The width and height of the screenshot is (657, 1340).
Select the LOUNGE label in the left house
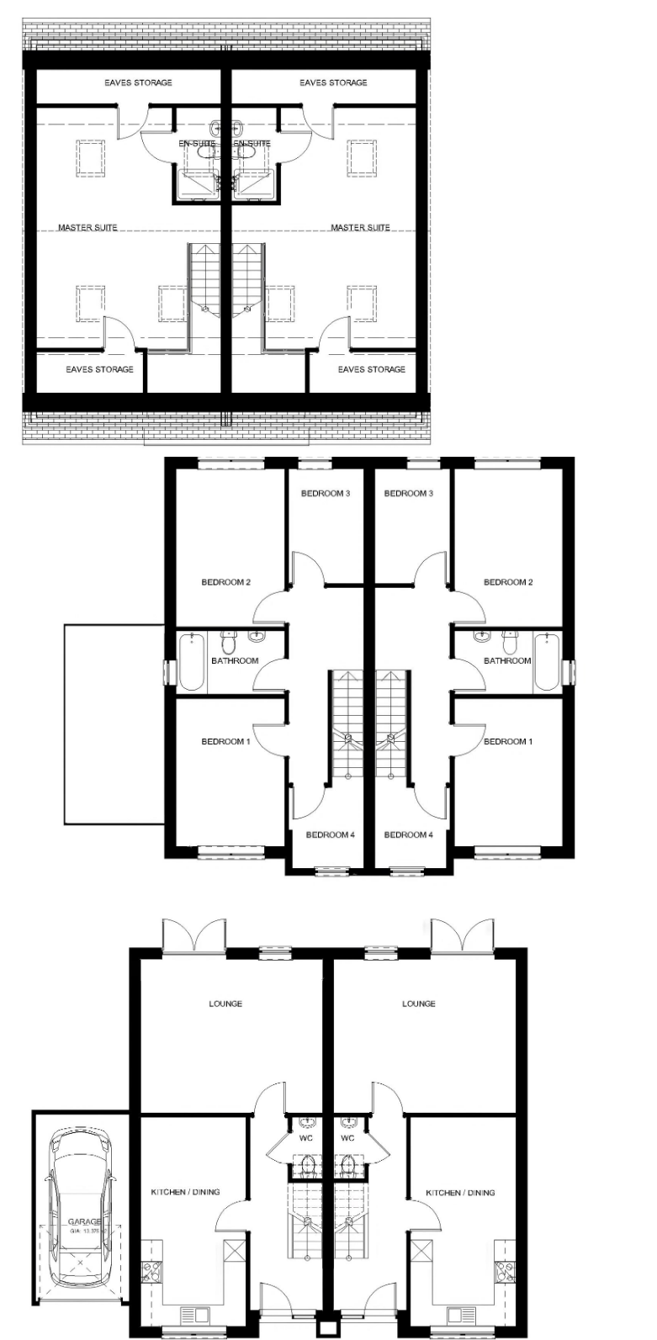(225, 1004)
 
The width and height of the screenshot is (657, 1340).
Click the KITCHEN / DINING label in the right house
(460, 1193)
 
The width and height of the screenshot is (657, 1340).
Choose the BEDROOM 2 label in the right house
(507, 582)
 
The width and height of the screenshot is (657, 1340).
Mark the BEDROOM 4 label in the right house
(408, 835)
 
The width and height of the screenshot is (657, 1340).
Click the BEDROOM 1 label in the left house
(225, 742)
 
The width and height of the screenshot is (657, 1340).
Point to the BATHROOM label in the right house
(507, 660)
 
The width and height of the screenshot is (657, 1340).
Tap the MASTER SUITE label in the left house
(87, 228)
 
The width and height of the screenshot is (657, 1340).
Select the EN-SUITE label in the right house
(252, 144)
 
